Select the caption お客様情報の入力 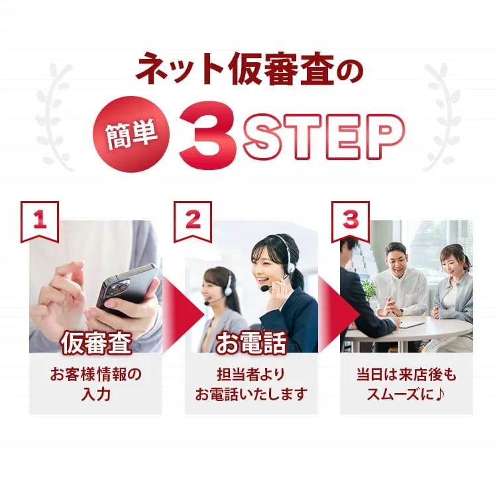(x=95, y=384)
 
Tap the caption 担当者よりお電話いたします (x=251, y=384)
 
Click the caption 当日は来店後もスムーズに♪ (x=406, y=384)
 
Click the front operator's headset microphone (x=264, y=288)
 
